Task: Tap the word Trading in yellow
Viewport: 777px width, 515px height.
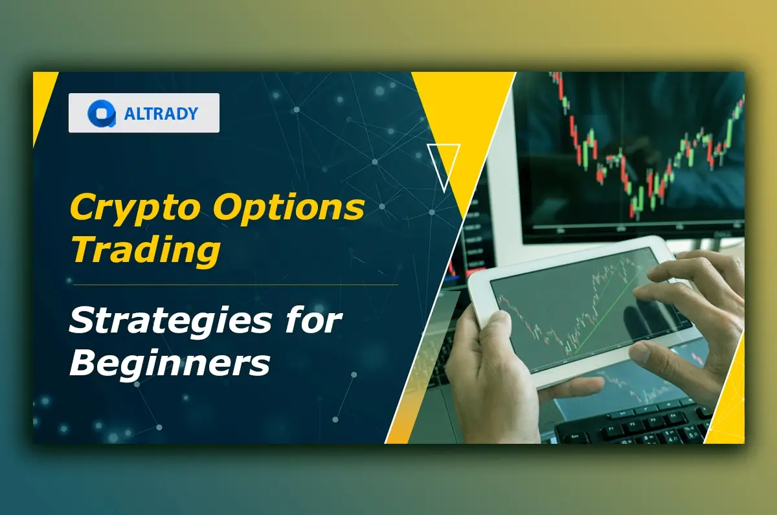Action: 145,250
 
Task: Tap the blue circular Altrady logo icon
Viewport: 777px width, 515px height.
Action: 102,113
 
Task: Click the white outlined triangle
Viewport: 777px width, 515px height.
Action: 444,165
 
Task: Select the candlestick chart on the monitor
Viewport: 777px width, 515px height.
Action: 647,149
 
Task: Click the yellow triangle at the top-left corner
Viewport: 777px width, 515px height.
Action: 43,97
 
